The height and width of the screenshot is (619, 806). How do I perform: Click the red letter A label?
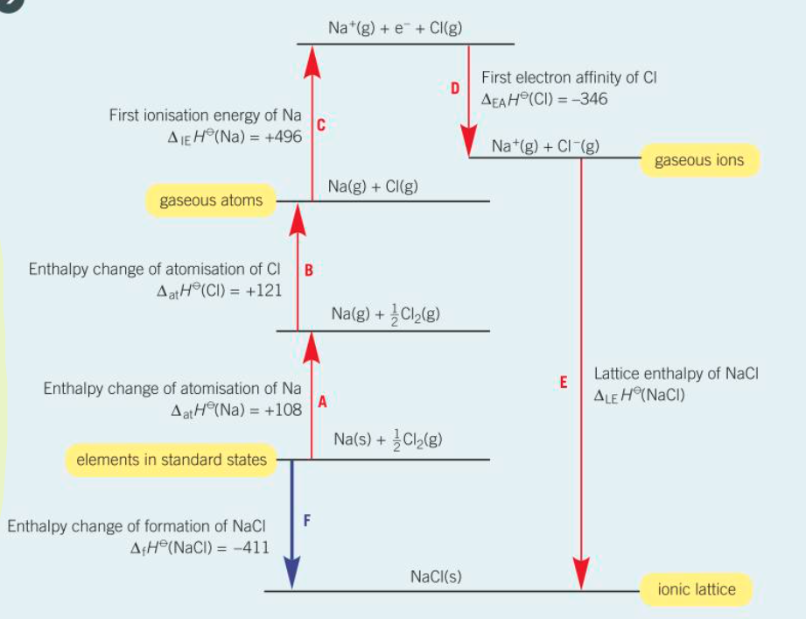pyautogui.click(x=322, y=403)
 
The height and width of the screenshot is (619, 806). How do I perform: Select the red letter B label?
pyautogui.click(x=309, y=271)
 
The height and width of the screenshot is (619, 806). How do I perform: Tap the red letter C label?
pyautogui.click(x=321, y=126)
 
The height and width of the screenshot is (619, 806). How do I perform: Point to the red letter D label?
pyautogui.click(x=455, y=88)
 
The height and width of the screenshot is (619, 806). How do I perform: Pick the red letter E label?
pyautogui.click(x=564, y=382)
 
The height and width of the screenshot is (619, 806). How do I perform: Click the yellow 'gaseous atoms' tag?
pyautogui.click(x=211, y=200)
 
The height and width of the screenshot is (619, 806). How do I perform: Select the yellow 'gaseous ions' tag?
pyautogui.click(x=699, y=160)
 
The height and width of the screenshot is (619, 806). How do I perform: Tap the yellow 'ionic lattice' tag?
pyautogui.click(x=697, y=590)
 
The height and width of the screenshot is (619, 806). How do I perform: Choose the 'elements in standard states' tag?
pyautogui.click(x=172, y=460)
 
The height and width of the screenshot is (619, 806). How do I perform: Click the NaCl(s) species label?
pyautogui.click(x=435, y=577)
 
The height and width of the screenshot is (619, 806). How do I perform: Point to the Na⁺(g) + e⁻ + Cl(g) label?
pyautogui.click(x=396, y=29)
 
